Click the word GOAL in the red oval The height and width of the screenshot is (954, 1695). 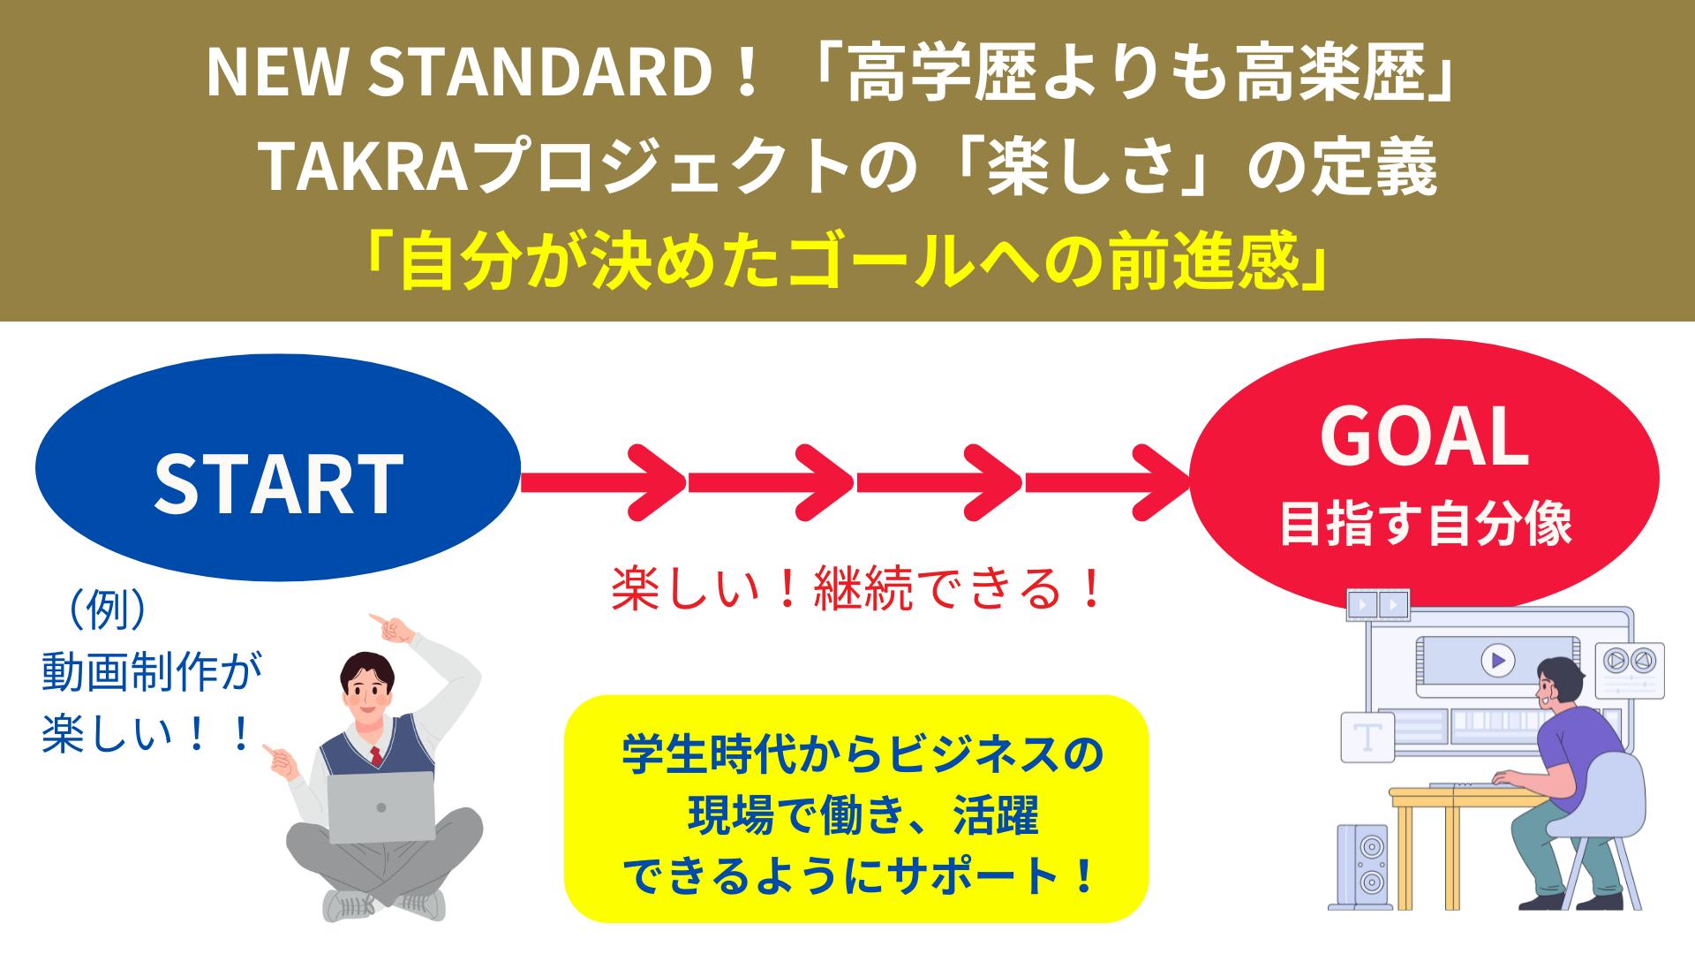[1424, 437]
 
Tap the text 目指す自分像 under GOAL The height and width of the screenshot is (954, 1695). [1425, 525]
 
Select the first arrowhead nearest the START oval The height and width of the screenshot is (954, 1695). [655, 481]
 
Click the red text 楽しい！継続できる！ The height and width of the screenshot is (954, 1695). [856, 589]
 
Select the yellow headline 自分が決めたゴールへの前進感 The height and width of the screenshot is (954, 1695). [847, 262]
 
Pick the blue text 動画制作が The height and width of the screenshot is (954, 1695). [153, 676]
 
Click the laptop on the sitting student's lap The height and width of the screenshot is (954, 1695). [381, 806]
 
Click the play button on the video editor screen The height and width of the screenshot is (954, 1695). [1497, 660]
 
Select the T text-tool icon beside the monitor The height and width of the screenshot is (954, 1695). [1367, 738]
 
